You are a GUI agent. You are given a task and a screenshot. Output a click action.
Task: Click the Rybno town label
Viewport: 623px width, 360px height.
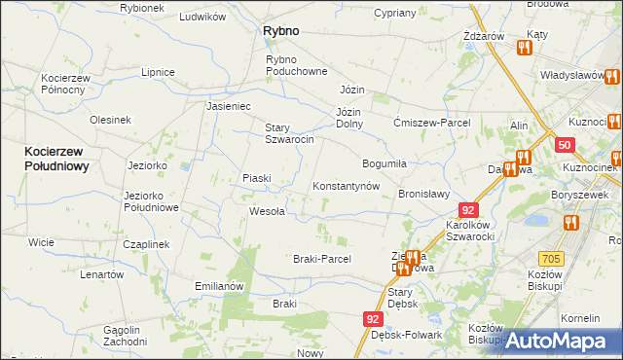[x=280, y=31]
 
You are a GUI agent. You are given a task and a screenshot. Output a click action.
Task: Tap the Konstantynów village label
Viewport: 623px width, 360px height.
[x=345, y=186]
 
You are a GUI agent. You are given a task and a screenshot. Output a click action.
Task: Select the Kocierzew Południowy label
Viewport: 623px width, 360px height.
[x=57, y=160]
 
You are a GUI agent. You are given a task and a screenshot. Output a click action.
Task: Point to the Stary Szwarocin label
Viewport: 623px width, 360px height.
[x=289, y=133]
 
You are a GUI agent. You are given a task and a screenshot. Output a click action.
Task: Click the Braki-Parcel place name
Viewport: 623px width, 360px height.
[x=321, y=259]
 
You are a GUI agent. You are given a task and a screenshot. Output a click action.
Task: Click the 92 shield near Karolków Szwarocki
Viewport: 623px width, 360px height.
[x=469, y=210]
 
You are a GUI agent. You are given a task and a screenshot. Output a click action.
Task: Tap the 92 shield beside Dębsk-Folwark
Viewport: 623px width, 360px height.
[x=375, y=318]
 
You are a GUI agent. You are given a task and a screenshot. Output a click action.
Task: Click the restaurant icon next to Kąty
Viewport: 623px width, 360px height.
[x=525, y=46]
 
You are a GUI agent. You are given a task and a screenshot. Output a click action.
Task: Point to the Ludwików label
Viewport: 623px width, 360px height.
[x=203, y=18]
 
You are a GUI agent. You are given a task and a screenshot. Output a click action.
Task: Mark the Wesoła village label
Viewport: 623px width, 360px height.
[x=267, y=211]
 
